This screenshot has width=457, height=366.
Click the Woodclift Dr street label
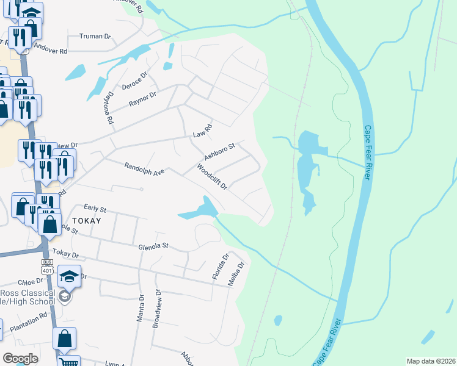coord(212,176)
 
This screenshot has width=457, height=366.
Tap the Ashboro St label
coord(219,151)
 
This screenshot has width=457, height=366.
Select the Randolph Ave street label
coord(145,168)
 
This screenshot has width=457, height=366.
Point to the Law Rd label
coord(202,130)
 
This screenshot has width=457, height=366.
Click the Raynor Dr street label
coord(142,99)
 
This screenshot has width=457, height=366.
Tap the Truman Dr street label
coord(95,37)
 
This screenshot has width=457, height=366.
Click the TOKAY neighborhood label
coord(86,220)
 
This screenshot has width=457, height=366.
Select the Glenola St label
coord(153,246)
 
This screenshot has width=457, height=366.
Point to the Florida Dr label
coord(219,267)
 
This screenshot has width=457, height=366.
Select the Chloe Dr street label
coord(31,282)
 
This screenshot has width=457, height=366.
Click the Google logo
coord(20,359)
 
